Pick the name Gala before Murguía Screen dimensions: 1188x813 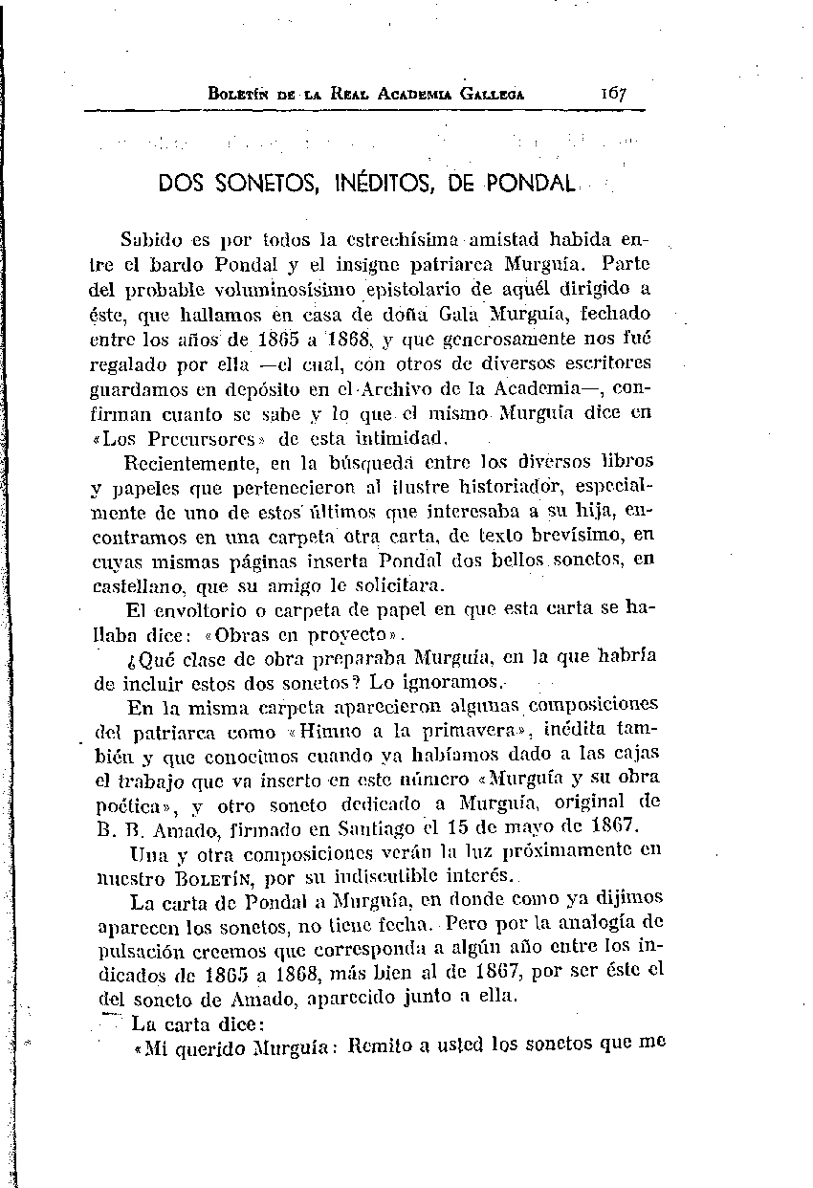click(460, 313)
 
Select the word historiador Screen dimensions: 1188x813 click(525, 488)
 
